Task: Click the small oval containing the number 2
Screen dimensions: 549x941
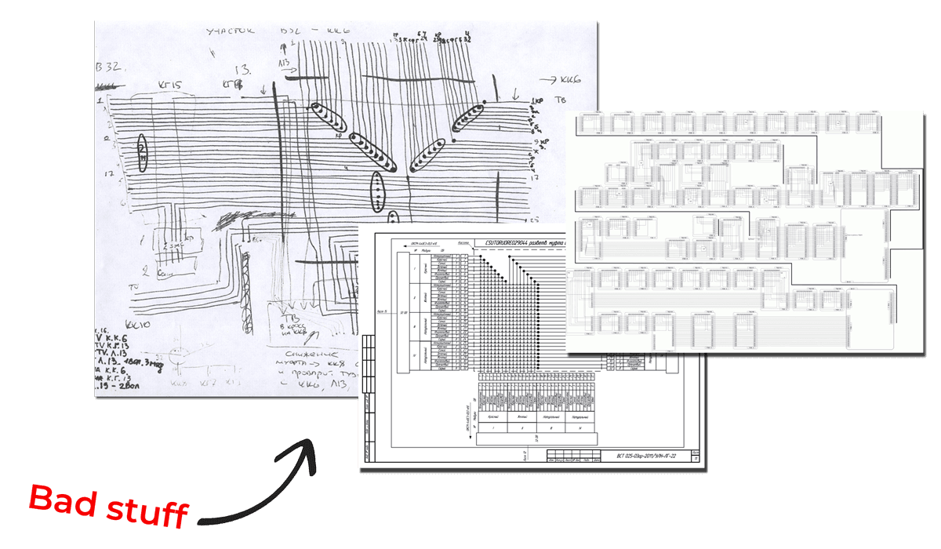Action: pyautogui.click(x=142, y=152)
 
